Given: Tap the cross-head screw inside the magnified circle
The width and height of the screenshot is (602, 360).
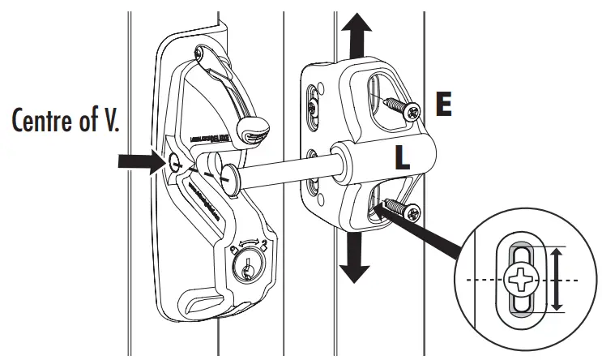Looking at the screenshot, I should coord(520,281).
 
